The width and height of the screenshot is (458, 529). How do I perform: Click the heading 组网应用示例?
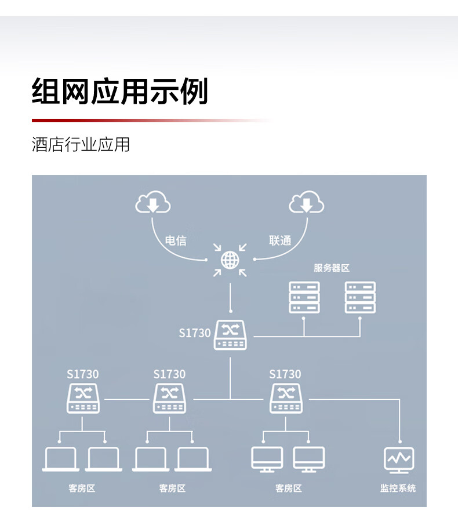(119, 91)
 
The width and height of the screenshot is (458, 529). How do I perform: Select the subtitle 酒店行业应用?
(81, 144)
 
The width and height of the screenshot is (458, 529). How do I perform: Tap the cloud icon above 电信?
(153, 202)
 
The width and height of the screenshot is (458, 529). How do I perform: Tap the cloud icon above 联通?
(307, 202)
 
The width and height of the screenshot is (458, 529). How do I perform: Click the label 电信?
(176, 240)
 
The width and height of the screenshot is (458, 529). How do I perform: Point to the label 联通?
(280, 240)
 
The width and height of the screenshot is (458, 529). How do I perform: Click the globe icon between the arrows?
(230, 260)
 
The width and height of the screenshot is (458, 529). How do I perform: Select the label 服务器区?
(332, 268)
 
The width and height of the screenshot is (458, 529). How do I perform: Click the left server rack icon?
(304, 297)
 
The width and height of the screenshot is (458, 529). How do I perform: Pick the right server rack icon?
(360, 297)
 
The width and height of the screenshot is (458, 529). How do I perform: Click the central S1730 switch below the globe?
(231, 335)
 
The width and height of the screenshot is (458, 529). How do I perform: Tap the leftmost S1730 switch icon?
(83, 399)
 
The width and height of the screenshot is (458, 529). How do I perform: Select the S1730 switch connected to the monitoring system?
(286, 399)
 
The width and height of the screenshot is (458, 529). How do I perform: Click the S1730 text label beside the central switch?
(195, 333)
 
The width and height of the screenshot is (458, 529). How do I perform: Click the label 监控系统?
(398, 488)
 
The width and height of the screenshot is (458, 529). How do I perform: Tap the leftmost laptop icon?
(61, 459)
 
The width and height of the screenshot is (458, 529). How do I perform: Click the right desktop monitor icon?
(309, 459)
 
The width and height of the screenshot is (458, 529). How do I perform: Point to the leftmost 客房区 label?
(82, 488)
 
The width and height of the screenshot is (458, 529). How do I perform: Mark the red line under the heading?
(152, 121)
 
